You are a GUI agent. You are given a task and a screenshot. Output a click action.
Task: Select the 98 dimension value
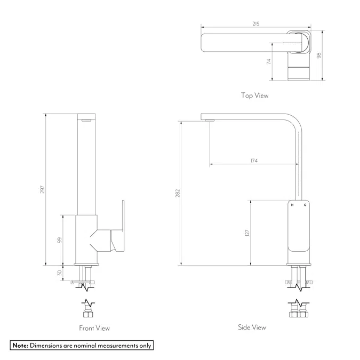(319, 55)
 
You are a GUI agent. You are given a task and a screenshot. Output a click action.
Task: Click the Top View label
(254, 95)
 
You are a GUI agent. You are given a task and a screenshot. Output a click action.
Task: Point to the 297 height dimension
(42, 189)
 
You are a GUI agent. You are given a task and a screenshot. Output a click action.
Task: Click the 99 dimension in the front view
(60, 240)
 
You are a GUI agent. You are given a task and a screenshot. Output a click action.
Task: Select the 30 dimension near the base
(60, 273)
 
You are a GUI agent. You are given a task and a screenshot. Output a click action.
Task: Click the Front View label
(94, 328)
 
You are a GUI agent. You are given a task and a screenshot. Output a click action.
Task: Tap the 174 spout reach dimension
(254, 161)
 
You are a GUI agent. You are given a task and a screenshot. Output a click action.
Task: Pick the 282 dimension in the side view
(178, 193)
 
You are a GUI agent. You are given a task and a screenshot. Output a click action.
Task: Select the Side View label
(252, 327)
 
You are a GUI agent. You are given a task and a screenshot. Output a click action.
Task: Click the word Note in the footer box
(20, 346)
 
